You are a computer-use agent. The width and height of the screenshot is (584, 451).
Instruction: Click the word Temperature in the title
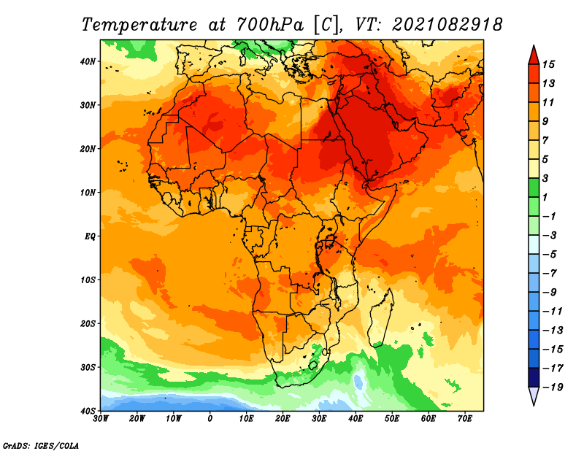pos(139,25)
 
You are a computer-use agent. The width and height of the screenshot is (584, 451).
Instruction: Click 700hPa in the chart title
pos(270,25)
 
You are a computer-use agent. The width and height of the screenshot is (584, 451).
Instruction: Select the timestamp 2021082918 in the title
pos(447,25)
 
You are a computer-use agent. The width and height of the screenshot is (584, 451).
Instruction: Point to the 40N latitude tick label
pos(88,61)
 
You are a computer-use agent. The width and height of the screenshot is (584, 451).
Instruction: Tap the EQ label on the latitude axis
pos(91,236)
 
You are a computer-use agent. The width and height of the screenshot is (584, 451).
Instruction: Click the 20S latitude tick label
pos(88,323)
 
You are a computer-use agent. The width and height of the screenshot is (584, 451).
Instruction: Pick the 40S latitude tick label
pos(88,411)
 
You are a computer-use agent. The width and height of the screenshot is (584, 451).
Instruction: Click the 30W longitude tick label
pos(101,419)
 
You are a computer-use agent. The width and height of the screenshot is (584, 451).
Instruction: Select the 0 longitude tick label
pos(210,419)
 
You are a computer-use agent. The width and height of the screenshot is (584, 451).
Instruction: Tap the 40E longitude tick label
pos(356,419)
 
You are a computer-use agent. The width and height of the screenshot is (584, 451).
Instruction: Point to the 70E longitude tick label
pos(465,419)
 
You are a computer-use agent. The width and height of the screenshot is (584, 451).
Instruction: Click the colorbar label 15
pos(548,64)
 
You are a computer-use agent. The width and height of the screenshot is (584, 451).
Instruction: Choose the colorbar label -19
pos(553,387)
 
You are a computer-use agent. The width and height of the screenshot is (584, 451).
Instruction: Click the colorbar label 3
pos(545,178)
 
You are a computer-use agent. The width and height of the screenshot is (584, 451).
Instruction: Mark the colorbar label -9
pos(550,292)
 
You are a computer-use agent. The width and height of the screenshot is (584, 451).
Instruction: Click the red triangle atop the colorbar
pos(534,55)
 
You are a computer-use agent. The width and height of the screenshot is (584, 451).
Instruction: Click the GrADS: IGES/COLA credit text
pos(41,446)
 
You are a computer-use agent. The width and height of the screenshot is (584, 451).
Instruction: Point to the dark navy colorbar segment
pos(534,377)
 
